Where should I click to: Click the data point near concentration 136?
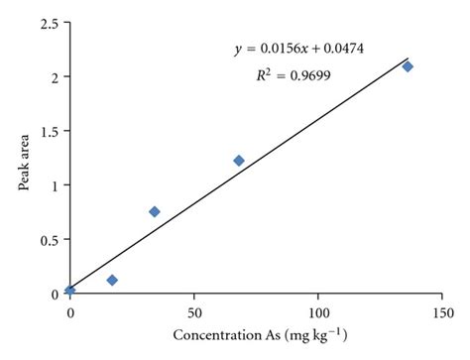click(407, 66)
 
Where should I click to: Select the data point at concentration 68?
click(238, 161)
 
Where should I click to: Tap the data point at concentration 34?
click(154, 211)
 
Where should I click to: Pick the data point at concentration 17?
click(112, 280)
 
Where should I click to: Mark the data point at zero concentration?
click(69, 290)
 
